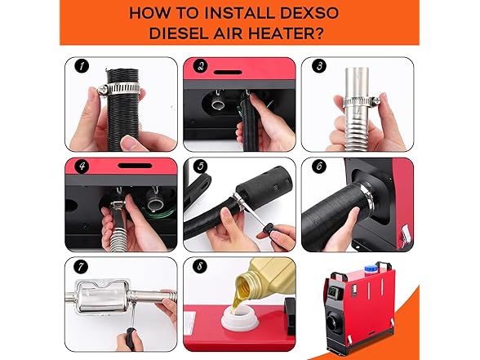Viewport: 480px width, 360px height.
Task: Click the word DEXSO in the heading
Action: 309,13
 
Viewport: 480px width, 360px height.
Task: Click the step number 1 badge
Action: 82,66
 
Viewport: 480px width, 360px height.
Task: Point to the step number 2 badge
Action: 201,66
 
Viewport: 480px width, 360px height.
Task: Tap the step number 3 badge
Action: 319,66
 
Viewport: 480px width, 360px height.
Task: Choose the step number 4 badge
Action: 82,167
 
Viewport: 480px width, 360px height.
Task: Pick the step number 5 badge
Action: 201,167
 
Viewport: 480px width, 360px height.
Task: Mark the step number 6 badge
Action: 319,167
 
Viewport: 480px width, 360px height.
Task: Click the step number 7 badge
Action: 81,266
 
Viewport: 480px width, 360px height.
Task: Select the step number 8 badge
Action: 200,266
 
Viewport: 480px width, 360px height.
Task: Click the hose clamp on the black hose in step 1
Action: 119,89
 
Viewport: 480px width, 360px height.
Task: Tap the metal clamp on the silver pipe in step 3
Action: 361,100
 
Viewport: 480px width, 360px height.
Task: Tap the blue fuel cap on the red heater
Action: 371,269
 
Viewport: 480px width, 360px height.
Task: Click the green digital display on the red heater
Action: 331,292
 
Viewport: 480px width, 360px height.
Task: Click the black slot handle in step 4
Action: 136,166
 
